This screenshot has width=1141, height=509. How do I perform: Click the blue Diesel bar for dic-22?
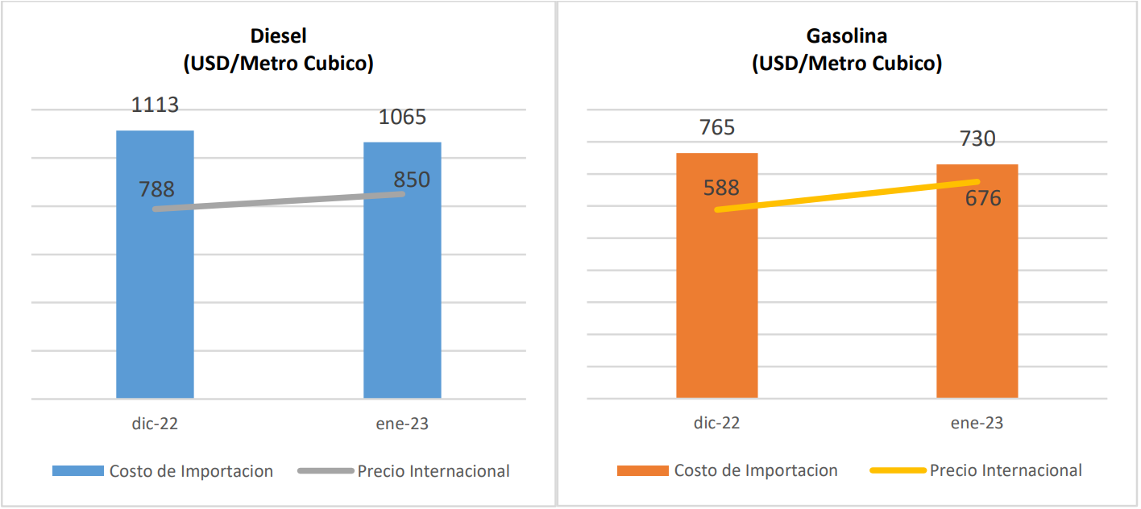coord(155,306)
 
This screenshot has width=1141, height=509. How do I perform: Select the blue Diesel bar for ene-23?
coord(402,306)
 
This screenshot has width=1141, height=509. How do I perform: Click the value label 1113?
coord(156,105)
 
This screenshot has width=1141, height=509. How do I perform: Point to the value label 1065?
coord(402,117)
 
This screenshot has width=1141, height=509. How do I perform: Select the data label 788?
coord(156,189)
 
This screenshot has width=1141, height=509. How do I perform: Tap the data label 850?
coord(412,180)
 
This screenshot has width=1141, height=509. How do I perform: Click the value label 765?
coord(716,127)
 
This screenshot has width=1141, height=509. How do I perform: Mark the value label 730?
coord(977,139)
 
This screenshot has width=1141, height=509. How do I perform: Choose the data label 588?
coord(721,188)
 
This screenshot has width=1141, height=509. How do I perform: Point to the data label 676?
coord(983,198)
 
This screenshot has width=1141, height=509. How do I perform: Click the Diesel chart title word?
coord(278,36)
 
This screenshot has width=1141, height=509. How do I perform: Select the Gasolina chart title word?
coord(846,36)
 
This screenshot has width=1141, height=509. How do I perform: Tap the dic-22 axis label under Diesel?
coord(156,424)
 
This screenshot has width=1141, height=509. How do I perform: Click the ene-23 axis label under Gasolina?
coord(977,424)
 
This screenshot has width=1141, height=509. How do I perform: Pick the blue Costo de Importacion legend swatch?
coord(77,471)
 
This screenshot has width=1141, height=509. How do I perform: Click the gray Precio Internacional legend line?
coord(325,471)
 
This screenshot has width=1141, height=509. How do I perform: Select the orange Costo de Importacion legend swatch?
coord(642,471)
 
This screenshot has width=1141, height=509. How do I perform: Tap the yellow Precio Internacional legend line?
coord(897,471)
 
